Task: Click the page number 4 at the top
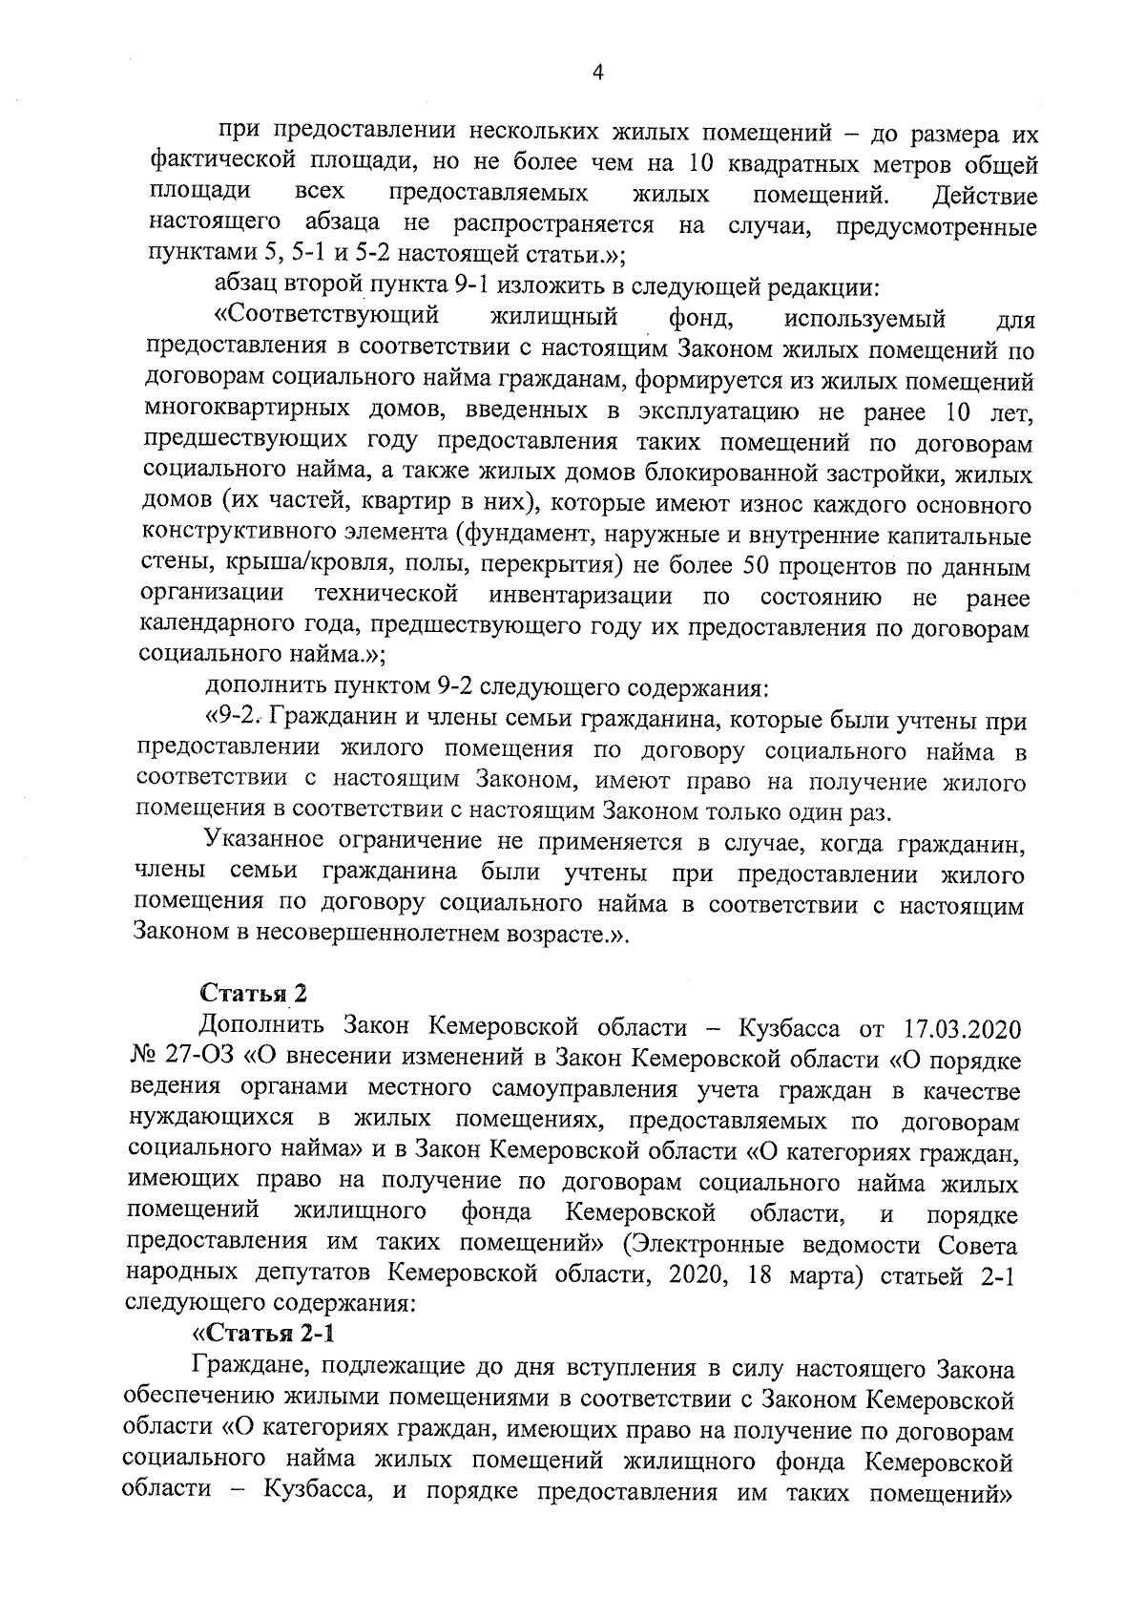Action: tap(598, 74)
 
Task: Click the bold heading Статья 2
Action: tap(252, 993)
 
